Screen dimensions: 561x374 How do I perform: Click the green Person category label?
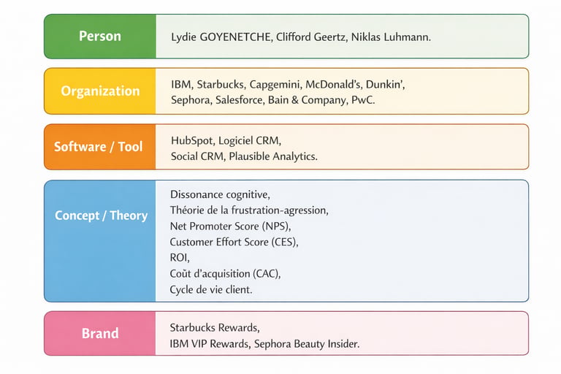point(100,36)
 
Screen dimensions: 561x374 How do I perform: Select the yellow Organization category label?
point(100,91)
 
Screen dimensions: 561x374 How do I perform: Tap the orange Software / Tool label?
point(99,147)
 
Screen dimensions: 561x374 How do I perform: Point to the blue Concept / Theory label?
point(102,215)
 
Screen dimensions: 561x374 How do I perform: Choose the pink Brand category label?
point(100,333)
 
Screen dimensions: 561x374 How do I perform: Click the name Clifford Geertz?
point(310,37)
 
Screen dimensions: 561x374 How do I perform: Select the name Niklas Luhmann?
point(390,37)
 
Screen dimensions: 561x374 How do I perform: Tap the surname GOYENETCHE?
point(234,37)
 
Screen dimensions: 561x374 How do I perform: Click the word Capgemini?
point(275,85)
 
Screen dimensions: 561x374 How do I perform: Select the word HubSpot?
point(192,141)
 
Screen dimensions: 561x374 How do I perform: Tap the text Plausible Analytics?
point(272,156)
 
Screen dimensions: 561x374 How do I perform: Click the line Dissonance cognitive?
point(220,195)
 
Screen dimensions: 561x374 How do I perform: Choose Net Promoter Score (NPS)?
point(229,226)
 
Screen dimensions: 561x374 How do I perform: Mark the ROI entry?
point(179,258)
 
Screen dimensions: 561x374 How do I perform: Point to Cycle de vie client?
point(210,289)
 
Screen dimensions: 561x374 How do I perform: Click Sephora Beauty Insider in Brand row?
point(306,344)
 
